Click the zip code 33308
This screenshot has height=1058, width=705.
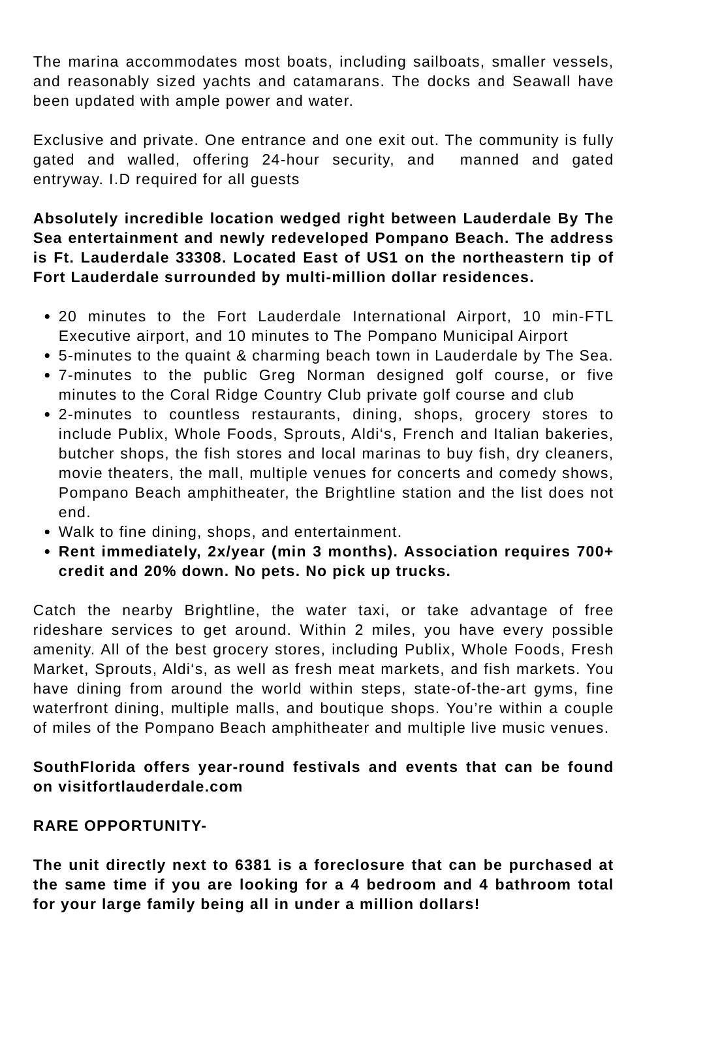point(198,258)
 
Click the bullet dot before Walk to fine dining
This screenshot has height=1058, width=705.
point(48,533)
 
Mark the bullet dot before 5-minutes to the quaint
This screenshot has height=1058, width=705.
point(48,357)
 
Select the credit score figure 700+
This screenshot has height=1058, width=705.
point(595,552)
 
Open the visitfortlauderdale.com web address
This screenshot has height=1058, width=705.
point(150,787)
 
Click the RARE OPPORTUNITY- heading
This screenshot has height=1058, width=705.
point(120,826)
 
